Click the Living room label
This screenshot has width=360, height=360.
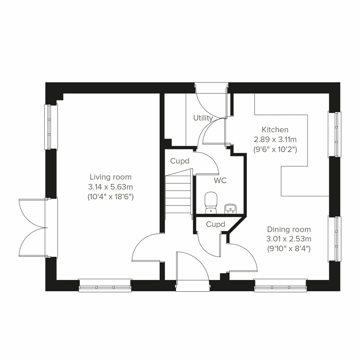(111, 177)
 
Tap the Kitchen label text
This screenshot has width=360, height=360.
(275, 130)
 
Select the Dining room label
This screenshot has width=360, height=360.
(289, 229)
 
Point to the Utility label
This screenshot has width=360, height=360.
(203, 118)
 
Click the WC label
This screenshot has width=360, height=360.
(220, 181)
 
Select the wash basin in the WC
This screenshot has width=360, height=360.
(230, 208)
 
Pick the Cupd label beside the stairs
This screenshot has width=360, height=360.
(180, 161)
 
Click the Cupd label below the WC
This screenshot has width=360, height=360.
(215, 224)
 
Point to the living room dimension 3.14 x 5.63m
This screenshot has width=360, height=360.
(110, 187)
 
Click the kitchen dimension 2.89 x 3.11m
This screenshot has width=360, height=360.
(275, 139)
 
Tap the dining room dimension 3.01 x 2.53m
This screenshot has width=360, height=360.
(289, 239)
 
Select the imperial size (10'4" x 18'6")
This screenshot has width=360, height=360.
(110, 197)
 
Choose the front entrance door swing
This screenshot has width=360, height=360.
(192, 267)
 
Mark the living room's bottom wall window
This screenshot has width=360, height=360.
(105, 285)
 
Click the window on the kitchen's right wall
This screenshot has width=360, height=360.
(334, 134)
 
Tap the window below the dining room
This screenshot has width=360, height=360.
(280, 285)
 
